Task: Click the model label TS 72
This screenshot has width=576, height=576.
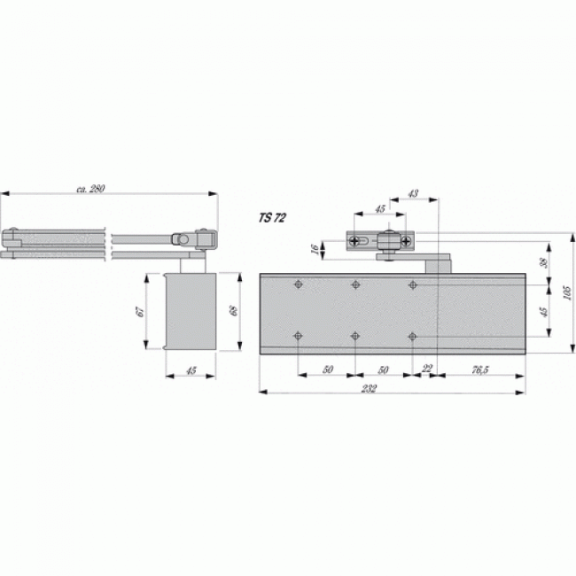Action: (x=272, y=217)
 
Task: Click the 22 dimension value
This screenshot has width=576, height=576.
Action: (x=428, y=369)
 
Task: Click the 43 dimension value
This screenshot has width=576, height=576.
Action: (x=414, y=192)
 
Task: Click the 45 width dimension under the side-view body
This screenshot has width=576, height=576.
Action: (x=191, y=370)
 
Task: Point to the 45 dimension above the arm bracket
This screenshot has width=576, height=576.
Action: (x=379, y=210)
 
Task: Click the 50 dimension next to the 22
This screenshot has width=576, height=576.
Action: (x=384, y=369)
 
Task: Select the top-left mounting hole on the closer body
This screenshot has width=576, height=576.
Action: (x=298, y=285)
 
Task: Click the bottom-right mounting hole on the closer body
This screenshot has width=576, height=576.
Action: (x=413, y=335)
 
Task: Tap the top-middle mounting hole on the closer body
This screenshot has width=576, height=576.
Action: (x=355, y=285)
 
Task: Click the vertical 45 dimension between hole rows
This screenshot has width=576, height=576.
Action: (x=544, y=311)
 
